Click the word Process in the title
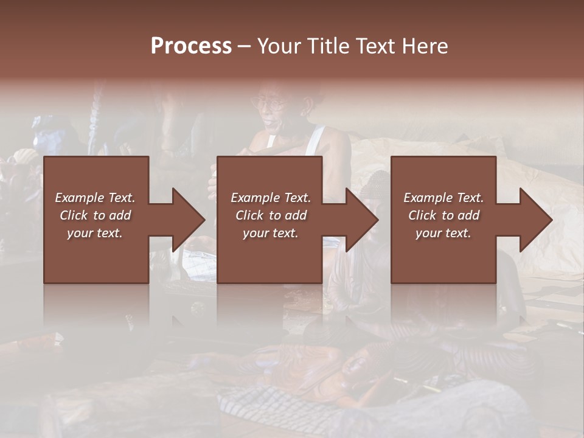point(191,46)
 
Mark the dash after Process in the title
point(244,47)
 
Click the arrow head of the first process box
point(188,220)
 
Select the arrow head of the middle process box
point(361,220)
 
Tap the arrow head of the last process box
point(535,220)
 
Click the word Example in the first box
point(79,198)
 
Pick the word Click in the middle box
point(249,215)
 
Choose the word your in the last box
point(429,233)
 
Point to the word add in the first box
point(120,215)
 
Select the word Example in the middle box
point(255,198)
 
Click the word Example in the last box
point(428,198)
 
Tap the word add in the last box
point(468,215)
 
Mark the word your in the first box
point(80,233)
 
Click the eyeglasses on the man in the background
point(271,103)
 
